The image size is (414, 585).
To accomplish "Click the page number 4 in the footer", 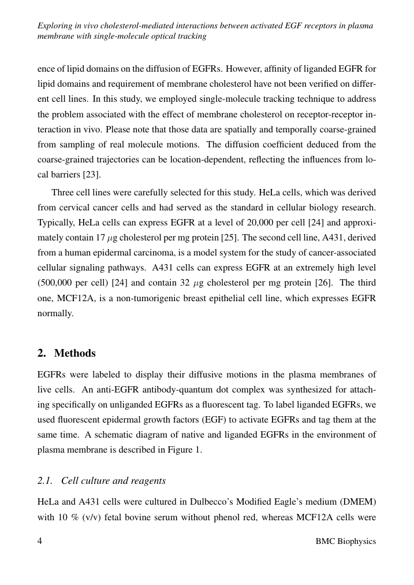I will click(40, 541).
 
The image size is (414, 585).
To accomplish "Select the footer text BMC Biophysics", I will click(346, 541).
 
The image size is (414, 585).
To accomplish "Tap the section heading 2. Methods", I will click(66, 353).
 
